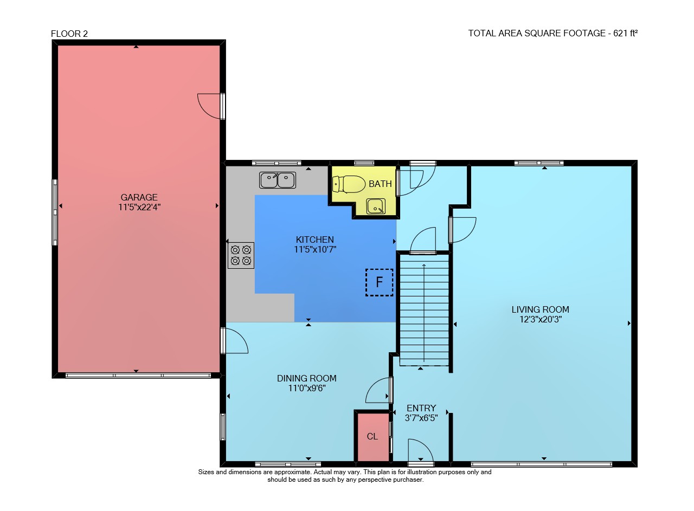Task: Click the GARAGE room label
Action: coord(139,197)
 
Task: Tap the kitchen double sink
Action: coord(278,180)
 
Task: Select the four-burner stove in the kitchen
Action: coord(241,256)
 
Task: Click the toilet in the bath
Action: coord(349,184)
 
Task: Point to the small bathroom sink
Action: coord(376,206)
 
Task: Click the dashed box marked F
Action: coord(379,282)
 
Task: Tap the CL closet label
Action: coord(372,437)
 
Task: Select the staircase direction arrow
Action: coord(424,313)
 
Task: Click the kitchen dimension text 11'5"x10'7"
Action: coord(315,249)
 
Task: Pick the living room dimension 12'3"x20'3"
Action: coord(541,319)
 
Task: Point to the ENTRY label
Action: coord(421,408)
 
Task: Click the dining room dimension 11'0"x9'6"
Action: coord(307,388)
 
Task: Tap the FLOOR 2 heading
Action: coord(69,34)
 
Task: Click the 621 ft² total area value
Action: coord(625,33)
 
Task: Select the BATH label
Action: coord(380,184)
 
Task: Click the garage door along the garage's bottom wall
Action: coord(138,376)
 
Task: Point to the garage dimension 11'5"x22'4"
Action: coord(139,207)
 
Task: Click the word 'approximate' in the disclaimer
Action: coord(293,472)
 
